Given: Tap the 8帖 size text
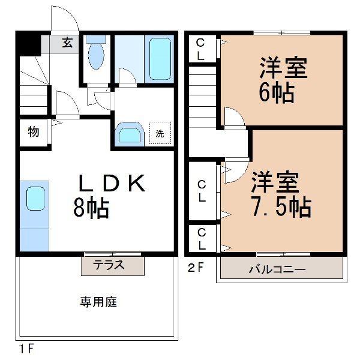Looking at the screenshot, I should (91, 208).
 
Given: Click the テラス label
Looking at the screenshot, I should (109, 265).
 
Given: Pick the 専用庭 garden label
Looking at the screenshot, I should (98, 302).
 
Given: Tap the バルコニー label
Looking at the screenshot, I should (277, 269).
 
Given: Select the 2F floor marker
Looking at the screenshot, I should (196, 268).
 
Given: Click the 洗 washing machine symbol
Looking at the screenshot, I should (160, 134).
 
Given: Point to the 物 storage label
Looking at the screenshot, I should (33, 132).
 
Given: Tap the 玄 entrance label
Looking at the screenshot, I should (67, 43).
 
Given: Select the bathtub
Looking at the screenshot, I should (159, 58).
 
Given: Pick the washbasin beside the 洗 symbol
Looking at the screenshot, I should (129, 133).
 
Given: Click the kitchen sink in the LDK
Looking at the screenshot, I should (35, 198).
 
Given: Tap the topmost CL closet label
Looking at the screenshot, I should (200, 48).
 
